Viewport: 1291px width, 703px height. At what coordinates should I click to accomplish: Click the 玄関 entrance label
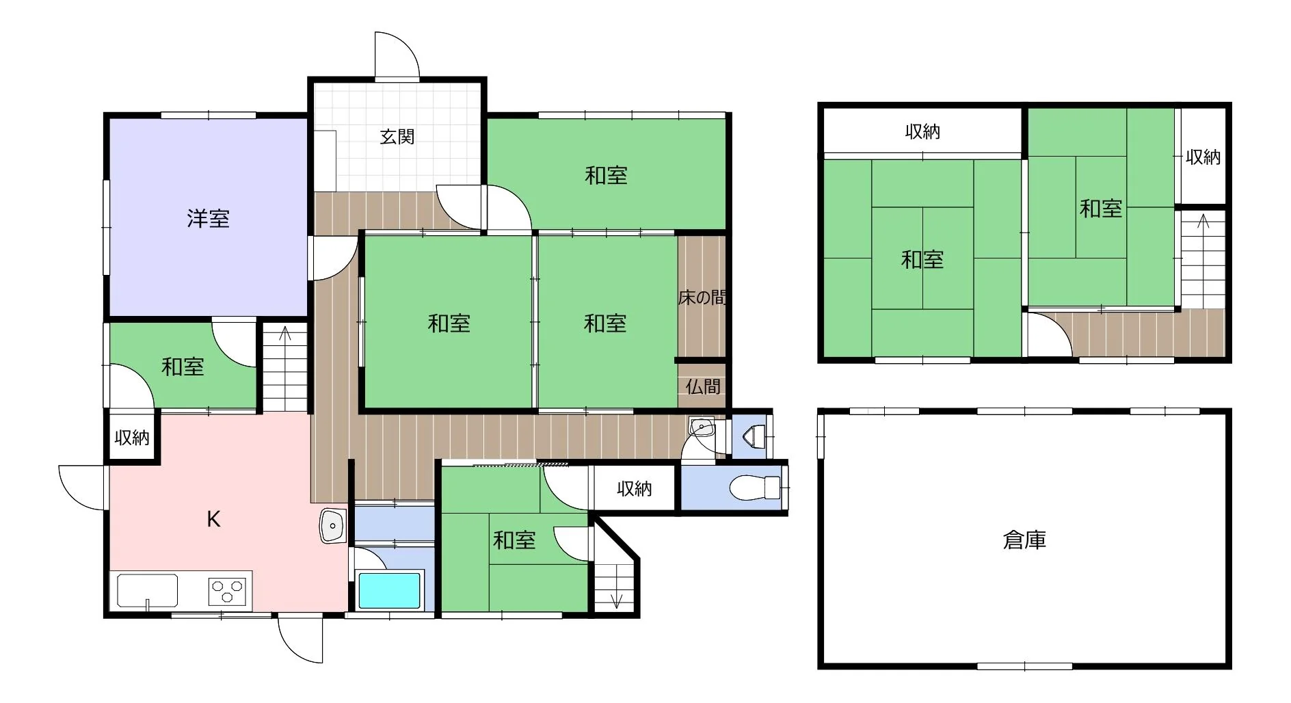click(x=397, y=137)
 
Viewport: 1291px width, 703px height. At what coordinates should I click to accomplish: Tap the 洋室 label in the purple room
click(x=209, y=219)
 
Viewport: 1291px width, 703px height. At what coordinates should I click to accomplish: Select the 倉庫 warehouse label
click(x=1024, y=540)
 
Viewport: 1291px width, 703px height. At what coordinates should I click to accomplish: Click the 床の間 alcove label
click(x=702, y=297)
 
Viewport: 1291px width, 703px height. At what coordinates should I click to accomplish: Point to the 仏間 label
click(x=703, y=387)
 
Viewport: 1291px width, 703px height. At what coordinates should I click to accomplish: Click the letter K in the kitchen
click(x=214, y=520)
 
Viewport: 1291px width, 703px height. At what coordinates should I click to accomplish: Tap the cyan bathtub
click(x=389, y=591)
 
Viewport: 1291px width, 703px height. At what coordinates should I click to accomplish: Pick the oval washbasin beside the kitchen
click(x=332, y=527)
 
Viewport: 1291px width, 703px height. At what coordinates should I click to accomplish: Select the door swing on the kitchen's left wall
click(x=83, y=487)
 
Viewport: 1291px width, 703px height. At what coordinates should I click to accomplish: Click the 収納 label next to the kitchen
click(x=132, y=438)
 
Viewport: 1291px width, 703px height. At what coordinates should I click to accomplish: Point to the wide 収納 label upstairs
click(x=922, y=132)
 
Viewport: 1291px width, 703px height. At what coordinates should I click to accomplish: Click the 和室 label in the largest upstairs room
click(x=922, y=260)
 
